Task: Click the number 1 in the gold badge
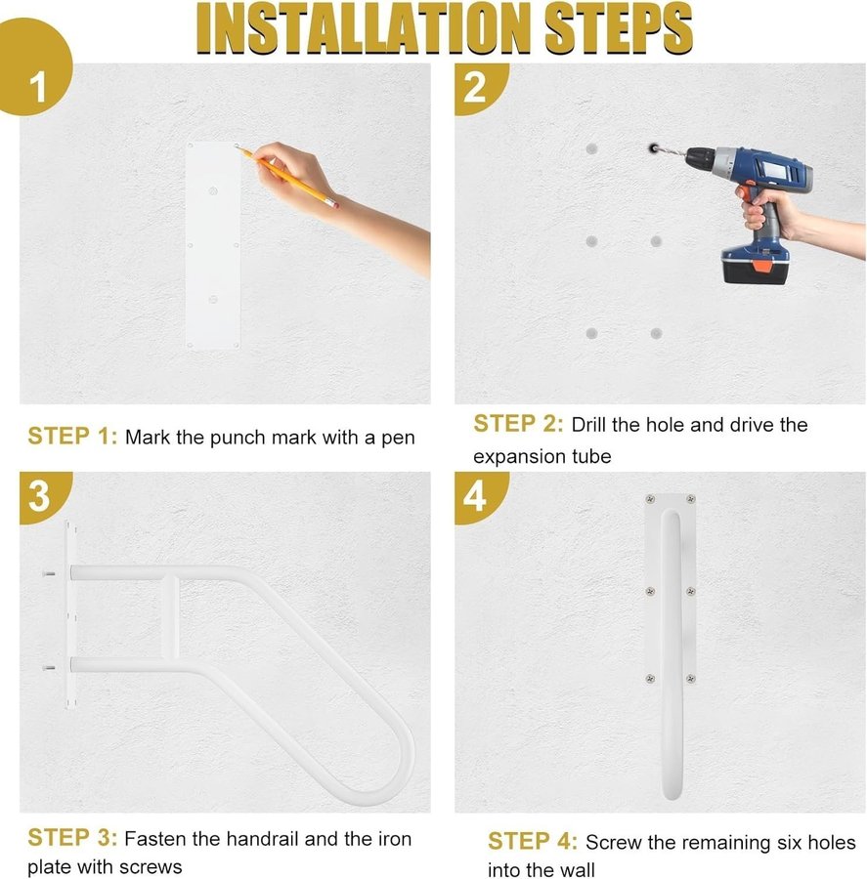pos(37,88)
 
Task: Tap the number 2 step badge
pos(476,88)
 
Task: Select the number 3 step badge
pos(40,496)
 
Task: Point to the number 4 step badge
pos(476,496)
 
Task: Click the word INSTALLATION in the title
pos(364,29)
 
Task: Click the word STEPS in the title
pos(619,29)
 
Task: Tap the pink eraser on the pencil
pos(334,205)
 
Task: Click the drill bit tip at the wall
pos(652,148)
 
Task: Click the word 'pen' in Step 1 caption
pos(398,439)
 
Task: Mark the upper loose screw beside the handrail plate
pos(49,573)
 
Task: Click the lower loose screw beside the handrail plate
pos(49,668)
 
